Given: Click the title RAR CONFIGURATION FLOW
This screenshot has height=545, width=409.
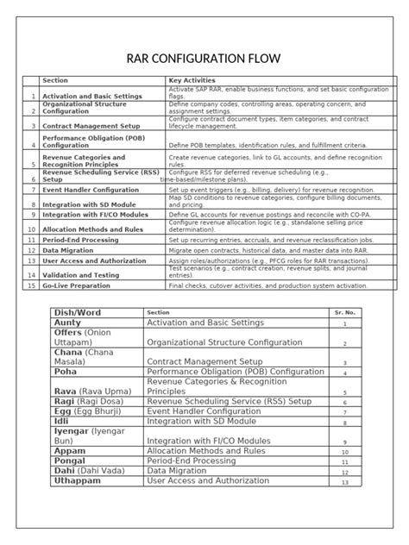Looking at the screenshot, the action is [x=204, y=59].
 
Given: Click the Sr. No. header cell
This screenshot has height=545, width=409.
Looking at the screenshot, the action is [x=343, y=312].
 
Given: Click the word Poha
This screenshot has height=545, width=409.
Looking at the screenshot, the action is [x=66, y=373].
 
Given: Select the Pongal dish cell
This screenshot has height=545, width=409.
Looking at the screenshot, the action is [x=72, y=461].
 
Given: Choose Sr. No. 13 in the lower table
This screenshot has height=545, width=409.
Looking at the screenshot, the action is [x=343, y=482].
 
